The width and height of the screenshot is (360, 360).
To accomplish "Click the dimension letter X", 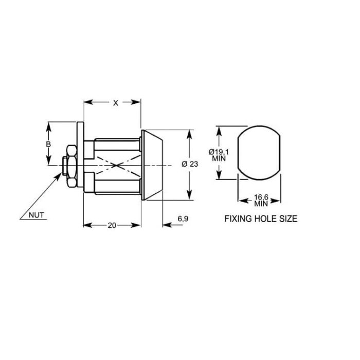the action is [x=116, y=103].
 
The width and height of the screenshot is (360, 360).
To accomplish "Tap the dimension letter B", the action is [x=48, y=144].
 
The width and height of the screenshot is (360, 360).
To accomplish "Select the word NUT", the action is [x=37, y=215].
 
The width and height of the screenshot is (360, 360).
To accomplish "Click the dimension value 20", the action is [x=112, y=225].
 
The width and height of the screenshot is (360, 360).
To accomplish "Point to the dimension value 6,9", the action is [x=183, y=219].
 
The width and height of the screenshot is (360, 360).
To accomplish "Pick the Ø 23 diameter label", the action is [x=190, y=164].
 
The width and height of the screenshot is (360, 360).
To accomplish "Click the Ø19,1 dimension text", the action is [x=219, y=152].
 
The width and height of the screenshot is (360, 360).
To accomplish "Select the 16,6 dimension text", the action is [x=261, y=197].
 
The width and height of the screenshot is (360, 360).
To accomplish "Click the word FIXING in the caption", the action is [x=238, y=219].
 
